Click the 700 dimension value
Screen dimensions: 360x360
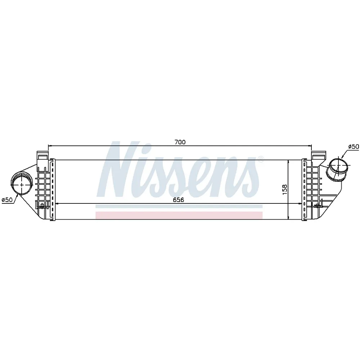click(x=180, y=142)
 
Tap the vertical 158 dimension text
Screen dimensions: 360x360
click(x=285, y=189)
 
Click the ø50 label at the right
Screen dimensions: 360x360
click(x=353, y=147)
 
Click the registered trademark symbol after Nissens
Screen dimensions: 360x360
click(x=261, y=158)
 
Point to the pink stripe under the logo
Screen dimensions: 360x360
click(x=179, y=215)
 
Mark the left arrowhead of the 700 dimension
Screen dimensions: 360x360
click(x=50, y=145)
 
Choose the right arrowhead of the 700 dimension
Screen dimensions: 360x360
click(x=310, y=145)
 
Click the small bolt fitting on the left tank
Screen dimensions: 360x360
click(x=43, y=206)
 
